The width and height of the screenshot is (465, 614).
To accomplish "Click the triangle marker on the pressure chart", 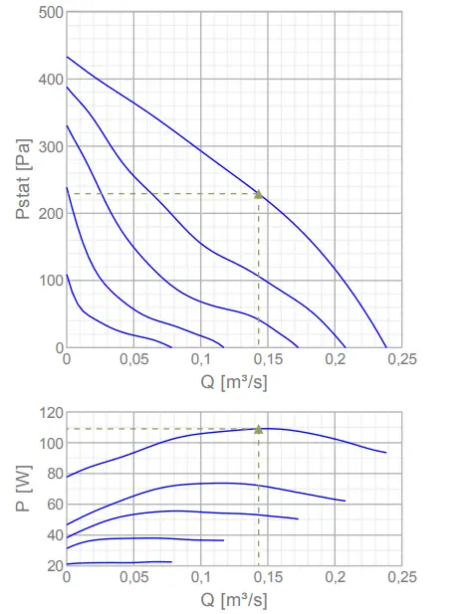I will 259,194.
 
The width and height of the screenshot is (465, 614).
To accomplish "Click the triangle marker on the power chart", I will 259,429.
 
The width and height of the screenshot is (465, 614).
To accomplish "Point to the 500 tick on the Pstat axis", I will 48,13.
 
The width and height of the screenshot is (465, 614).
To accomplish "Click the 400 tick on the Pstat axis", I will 48,80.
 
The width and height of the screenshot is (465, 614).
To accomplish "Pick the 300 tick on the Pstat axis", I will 48,147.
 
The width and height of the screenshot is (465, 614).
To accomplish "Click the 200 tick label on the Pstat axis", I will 48,214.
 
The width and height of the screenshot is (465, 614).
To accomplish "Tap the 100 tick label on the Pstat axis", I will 48,281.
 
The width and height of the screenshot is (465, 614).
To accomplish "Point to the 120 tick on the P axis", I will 48,412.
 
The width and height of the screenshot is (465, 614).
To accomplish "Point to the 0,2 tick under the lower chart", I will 335,578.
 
